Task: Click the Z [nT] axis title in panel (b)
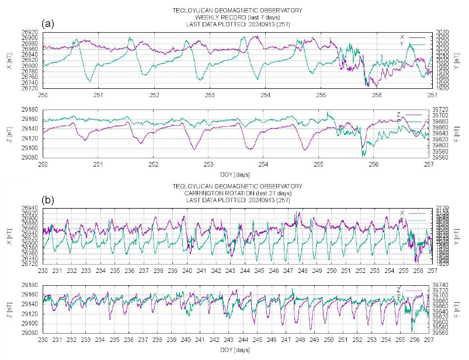point(8,309)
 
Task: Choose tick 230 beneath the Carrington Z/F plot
point(43,340)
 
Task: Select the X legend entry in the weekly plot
point(402,37)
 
